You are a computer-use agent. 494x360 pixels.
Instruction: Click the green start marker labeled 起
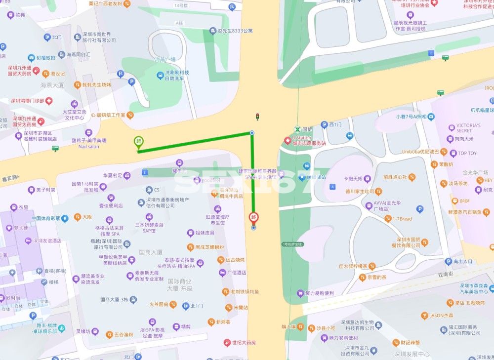139,142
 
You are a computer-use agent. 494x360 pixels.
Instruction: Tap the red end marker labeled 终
253,217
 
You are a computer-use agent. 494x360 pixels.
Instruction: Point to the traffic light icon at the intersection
256,117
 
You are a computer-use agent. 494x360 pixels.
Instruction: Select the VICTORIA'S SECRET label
468,128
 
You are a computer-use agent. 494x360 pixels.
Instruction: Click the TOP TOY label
467,153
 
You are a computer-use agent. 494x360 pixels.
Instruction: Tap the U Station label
301,138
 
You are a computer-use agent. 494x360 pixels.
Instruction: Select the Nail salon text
88,147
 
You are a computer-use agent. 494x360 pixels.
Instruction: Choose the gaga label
464,200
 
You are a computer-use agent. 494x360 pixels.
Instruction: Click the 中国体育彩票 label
45,218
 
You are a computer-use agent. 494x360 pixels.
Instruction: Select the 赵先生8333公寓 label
235,31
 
